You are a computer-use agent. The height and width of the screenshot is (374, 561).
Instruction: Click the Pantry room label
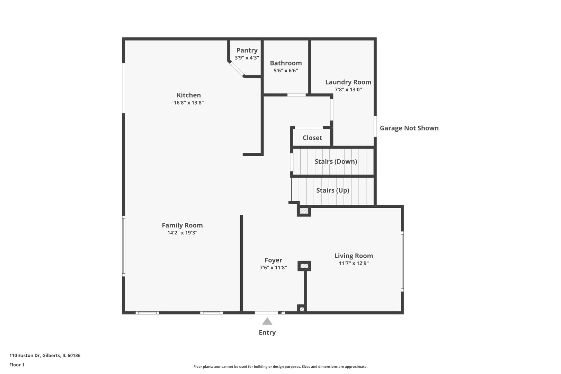pyautogui.click(x=247, y=50)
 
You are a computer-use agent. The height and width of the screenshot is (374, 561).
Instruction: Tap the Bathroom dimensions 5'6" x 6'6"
pyautogui.click(x=286, y=71)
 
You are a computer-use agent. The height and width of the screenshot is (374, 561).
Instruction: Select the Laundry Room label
pyautogui.click(x=348, y=82)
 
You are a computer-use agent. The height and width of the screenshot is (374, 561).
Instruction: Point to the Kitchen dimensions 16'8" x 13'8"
pyautogui.click(x=189, y=103)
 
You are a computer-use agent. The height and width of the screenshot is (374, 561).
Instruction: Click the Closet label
pyautogui.click(x=312, y=138)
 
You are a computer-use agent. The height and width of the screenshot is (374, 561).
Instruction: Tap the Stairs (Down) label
pyautogui.click(x=336, y=162)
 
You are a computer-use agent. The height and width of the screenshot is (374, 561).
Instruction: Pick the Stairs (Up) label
pyautogui.click(x=332, y=190)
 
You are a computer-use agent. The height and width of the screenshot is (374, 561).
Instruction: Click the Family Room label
pyautogui.click(x=182, y=225)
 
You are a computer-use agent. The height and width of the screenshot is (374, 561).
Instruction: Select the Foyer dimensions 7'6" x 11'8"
pyautogui.click(x=273, y=268)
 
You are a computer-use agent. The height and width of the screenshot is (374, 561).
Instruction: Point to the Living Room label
pyautogui.click(x=354, y=256)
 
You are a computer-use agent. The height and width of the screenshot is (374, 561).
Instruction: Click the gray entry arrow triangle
pyautogui.click(x=267, y=321)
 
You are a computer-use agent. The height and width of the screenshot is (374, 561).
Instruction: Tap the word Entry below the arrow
pyautogui.click(x=267, y=333)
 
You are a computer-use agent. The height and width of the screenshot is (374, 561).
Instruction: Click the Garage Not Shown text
pyautogui.click(x=409, y=128)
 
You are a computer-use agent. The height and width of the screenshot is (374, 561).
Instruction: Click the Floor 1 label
pyautogui.click(x=17, y=365)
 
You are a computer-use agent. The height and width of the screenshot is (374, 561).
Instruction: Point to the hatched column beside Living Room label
pyautogui.click(x=304, y=266)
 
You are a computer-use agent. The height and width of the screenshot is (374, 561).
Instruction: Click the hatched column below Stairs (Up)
pyautogui.click(x=304, y=211)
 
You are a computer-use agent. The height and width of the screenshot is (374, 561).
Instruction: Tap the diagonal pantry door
pyautogui.click(x=237, y=69)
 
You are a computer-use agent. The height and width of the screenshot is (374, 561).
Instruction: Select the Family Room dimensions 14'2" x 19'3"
pyautogui.click(x=182, y=233)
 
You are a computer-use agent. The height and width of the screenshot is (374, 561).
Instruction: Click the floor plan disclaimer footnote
pyautogui.click(x=280, y=366)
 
